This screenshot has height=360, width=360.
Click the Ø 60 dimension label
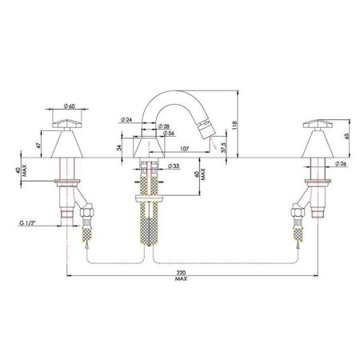[x=70, y=106]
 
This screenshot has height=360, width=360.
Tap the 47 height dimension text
[x=38, y=146]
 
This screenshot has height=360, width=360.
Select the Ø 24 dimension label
[x=126, y=120]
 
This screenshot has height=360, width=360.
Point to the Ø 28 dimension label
[x=163, y=126]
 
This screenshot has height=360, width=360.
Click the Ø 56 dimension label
[x=168, y=133]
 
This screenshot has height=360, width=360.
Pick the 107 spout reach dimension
[x=184, y=148]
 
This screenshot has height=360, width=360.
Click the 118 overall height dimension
[x=234, y=125]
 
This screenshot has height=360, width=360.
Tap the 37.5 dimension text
[x=224, y=147]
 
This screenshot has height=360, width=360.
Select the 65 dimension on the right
[x=346, y=136]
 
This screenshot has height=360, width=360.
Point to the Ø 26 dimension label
[x=341, y=164]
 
